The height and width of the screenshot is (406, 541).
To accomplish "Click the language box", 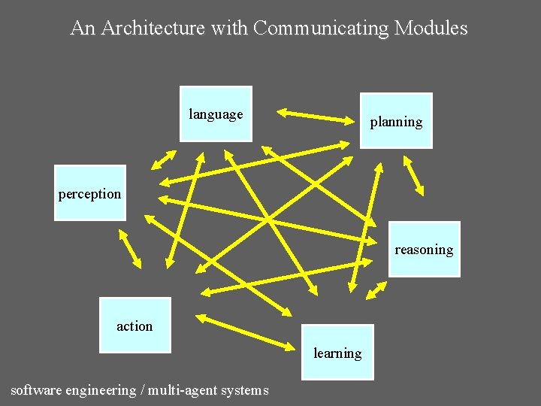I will [x=216, y=114].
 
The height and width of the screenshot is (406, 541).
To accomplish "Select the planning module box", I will [x=396, y=120].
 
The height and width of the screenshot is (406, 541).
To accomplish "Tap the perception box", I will [x=89, y=193].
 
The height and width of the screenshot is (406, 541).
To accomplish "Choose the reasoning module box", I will [x=424, y=249].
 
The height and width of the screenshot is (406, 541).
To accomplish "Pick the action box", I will [x=135, y=325].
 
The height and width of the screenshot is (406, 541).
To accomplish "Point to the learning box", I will [x=337, y=352].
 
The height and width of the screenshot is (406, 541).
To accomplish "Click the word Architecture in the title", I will [x=153, y=29].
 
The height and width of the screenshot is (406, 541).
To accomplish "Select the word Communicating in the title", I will [x=322, y=29].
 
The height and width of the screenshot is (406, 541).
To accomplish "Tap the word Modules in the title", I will [x=431, y=29].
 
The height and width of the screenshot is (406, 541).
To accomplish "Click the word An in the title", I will [x=83, y=29].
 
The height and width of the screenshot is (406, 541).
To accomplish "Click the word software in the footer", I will [x=36, y=390].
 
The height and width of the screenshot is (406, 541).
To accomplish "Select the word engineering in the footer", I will [x=101, y=390].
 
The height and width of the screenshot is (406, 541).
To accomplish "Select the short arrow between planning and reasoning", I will [x=414, y=175].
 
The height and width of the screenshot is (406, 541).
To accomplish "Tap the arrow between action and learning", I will [x=247, y=332].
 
